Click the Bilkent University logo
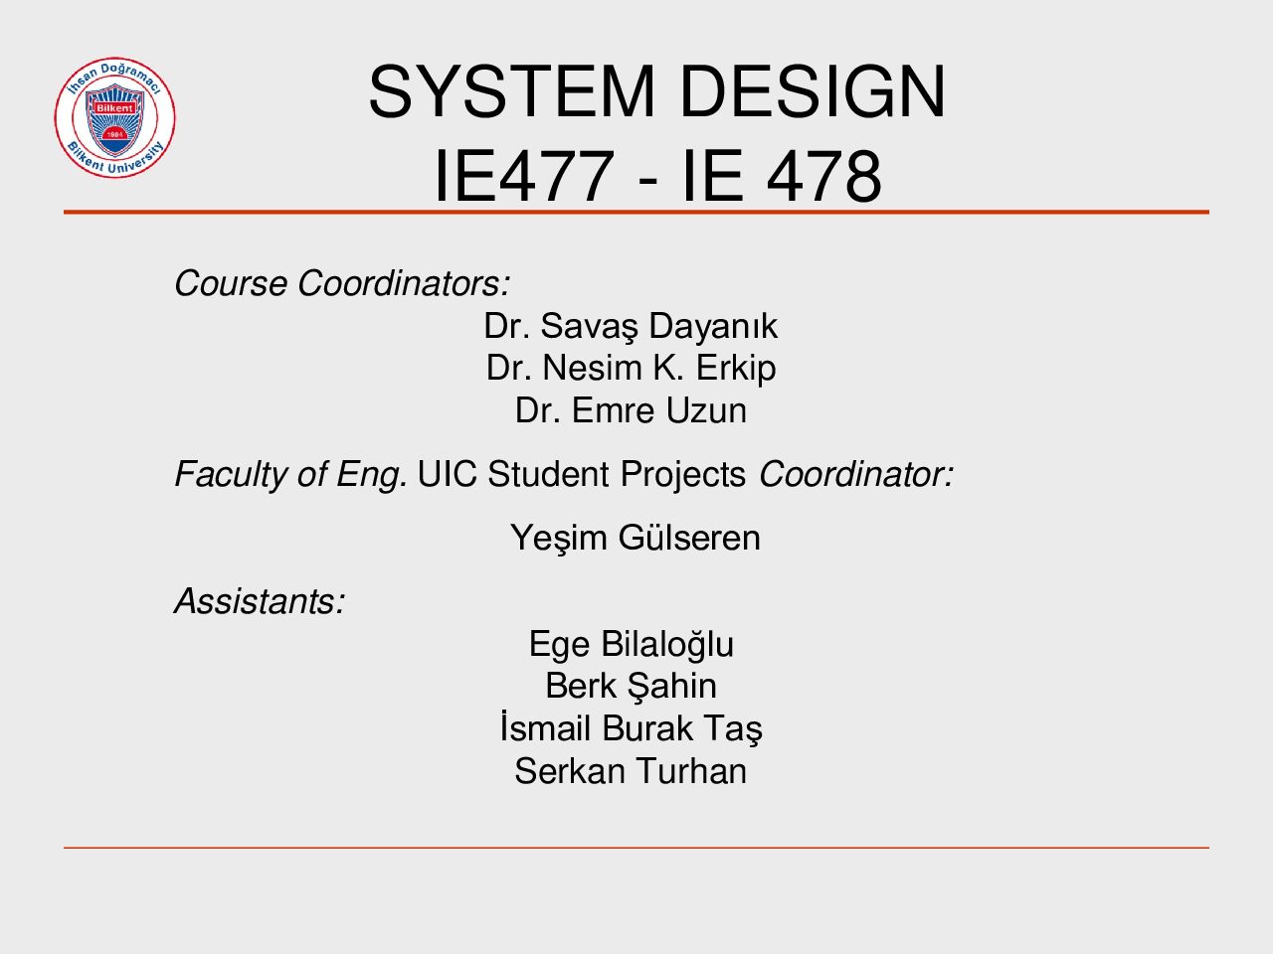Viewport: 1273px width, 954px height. point(114,117)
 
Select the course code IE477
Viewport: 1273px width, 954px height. point(524,176)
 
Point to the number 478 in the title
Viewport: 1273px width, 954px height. point(823,176)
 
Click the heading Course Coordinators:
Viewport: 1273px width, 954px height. point(342,283)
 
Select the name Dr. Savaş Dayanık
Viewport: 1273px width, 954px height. point(631,326)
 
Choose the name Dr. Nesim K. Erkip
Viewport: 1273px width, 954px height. point(631,369)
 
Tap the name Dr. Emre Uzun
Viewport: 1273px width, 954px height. point(631,410)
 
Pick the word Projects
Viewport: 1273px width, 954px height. point(682,475)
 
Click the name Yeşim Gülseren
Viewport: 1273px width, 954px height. point(636,538)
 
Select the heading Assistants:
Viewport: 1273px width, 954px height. point(260,600)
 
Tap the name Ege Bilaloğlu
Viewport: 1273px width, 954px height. point(631,645)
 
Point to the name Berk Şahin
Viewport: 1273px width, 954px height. point(631,687)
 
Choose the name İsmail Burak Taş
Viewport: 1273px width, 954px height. point(631,728)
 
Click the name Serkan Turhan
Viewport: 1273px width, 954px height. point(631,771)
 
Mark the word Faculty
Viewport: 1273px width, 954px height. point(231,475)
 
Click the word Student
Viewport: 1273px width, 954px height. point(548,474)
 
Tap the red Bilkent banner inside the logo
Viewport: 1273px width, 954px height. point(114,108)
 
